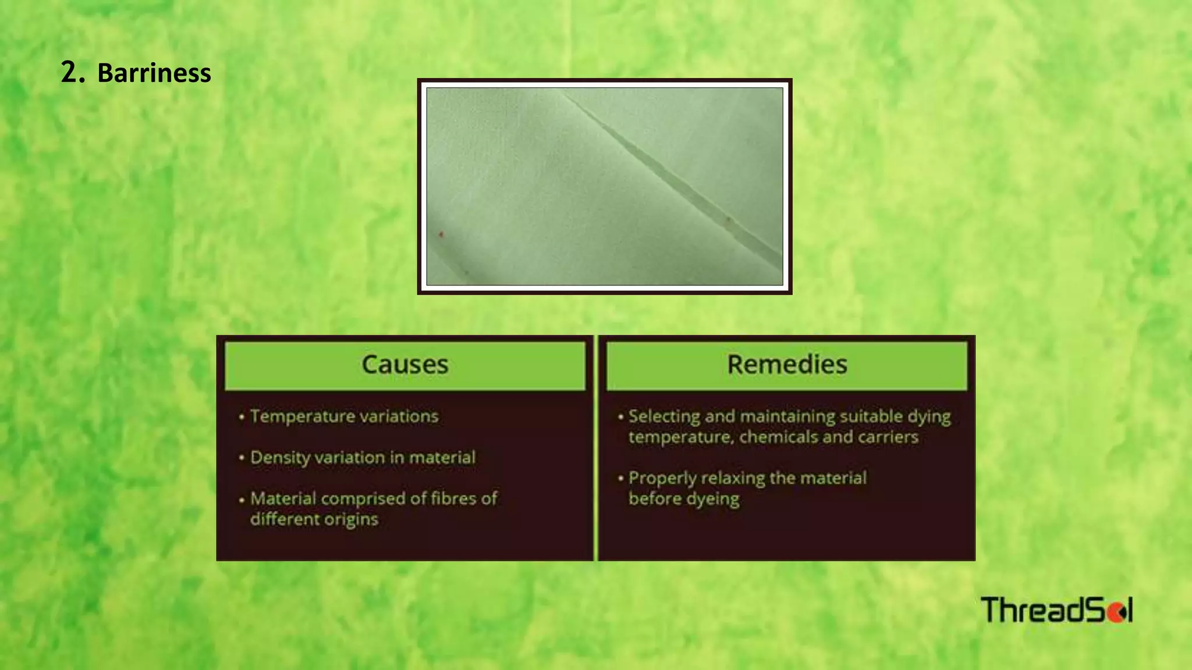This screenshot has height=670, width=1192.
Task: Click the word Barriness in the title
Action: point(154,73)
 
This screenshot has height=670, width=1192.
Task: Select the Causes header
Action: point(405,365)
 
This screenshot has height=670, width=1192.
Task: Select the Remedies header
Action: point(787,365)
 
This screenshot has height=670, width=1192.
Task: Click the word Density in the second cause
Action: point(280,458)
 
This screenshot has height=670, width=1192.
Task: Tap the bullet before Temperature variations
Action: point(241,417)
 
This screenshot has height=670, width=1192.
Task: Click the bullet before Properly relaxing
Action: point(620,479)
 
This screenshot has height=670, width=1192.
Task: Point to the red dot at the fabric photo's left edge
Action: point(441,234)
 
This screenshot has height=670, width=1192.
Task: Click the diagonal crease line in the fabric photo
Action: point(669,175)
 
